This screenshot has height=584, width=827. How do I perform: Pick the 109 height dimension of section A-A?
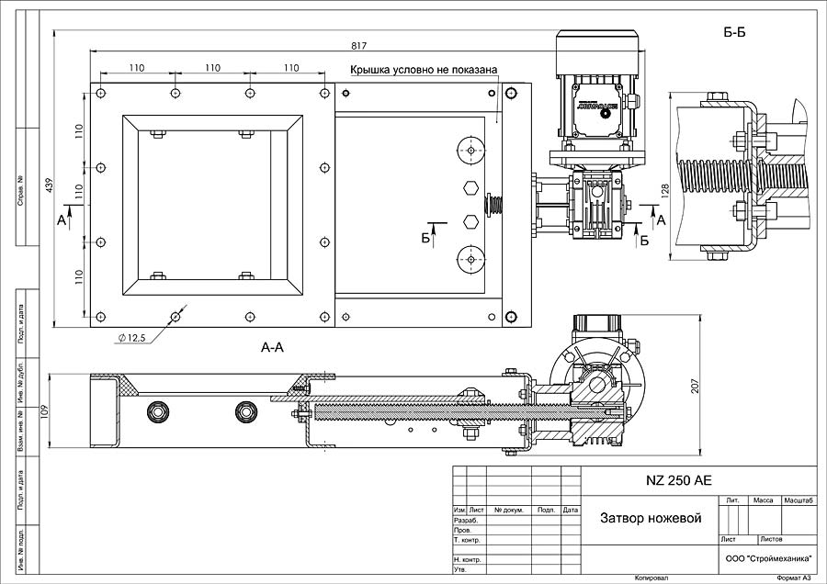click(x=42, y=411)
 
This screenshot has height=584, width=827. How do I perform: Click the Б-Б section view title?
click(x=734, y=34)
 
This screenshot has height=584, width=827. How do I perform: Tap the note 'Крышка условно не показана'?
click(x=424, y=70)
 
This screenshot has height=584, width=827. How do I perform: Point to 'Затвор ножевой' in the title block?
click(x=651, y=519)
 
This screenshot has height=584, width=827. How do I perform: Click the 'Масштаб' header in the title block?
click(x=799, y=500)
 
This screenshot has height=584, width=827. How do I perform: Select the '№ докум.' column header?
click(x=508, y=510)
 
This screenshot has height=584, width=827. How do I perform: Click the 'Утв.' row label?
click(x=459, y=569)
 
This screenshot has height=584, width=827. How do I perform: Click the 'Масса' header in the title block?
click(x=763, y=500)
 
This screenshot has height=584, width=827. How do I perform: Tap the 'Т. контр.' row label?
click(x=470, y=540)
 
